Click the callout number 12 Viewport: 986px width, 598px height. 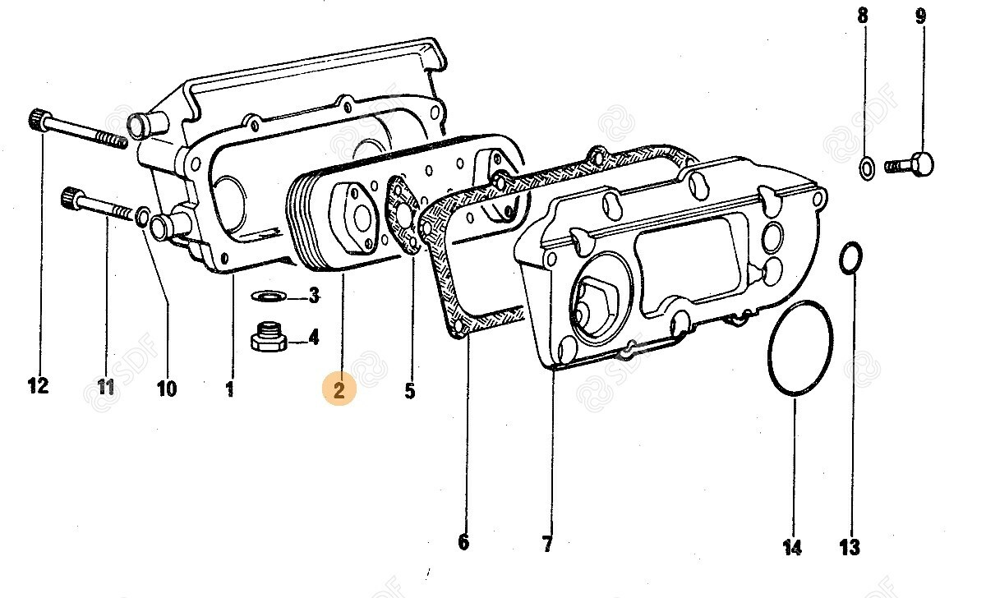(x=38, y=385)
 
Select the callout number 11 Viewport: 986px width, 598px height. (x=105, y=386)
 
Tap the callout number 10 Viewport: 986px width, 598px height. (x=166, y=388)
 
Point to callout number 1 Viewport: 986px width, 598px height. (x=229, y=387)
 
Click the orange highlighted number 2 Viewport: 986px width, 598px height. (x=339, y=388)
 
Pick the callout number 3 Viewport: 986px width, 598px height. (x=313, y=296)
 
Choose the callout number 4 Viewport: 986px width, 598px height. (x=313, y=337)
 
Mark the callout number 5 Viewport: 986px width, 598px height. (x=410, y=391)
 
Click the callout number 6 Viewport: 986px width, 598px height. (x=463, y=542)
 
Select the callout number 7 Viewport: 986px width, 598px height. (x=548, y=543)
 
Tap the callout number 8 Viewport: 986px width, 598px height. (x=862, y=15)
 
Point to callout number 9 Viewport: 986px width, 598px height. (x=920, y=15)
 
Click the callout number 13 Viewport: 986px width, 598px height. (x=850, y=546)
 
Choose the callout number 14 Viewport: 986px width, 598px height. (x=792, y=546)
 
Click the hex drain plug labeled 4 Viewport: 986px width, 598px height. (x=269, y=337)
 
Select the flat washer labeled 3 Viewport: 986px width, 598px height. (x=268, y=295)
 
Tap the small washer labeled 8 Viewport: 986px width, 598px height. (x=866, y=168)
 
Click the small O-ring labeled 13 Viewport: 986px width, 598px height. (x=850, y=257)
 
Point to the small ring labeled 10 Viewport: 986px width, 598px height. (x=142, y=217)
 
